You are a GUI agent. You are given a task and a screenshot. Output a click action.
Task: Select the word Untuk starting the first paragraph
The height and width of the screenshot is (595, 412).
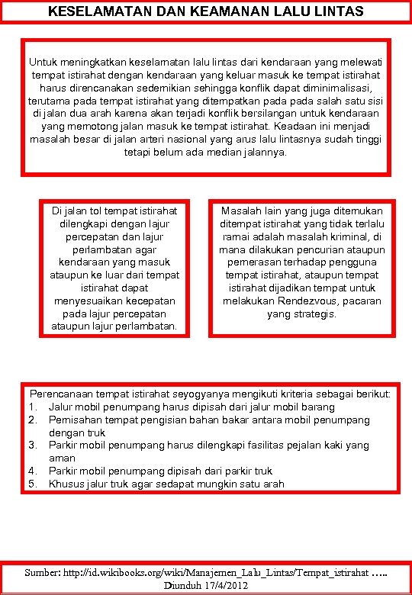pos(44,60)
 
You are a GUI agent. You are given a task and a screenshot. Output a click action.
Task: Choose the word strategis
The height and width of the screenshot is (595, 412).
pos(313,314)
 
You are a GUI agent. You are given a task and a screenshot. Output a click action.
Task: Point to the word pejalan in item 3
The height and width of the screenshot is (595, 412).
pos(302,445)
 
